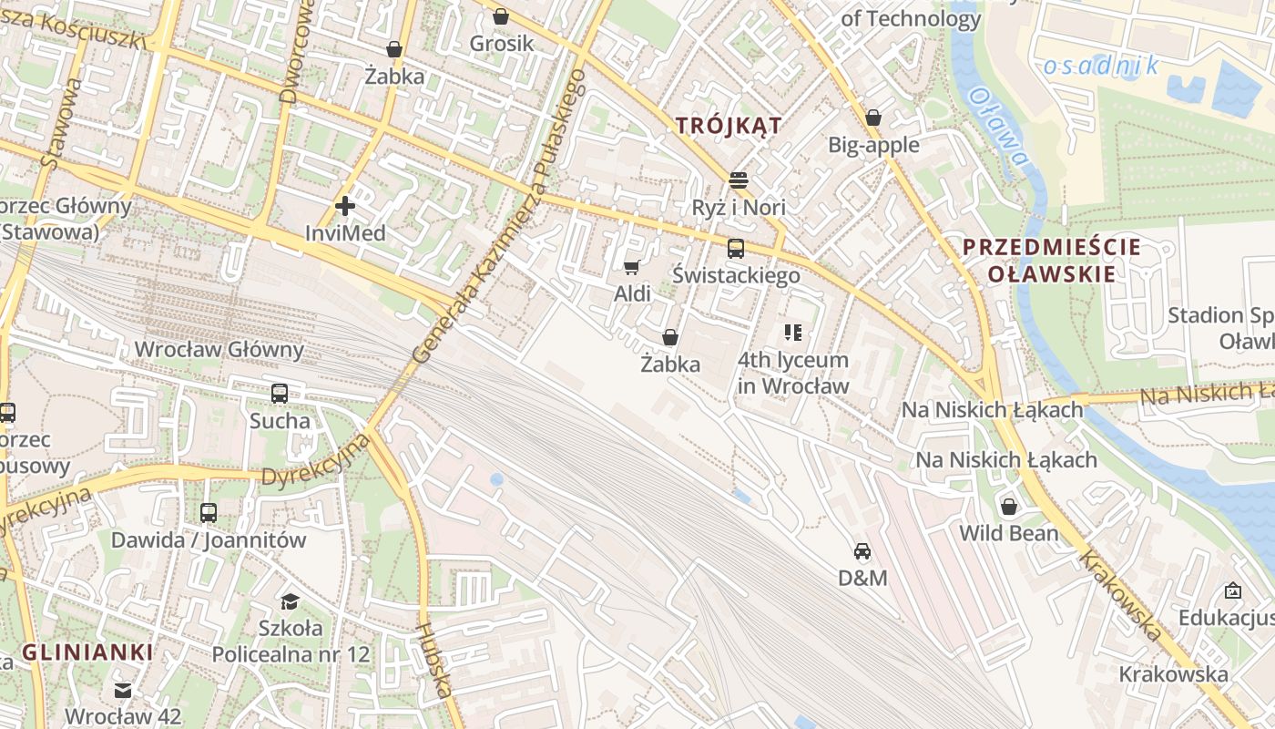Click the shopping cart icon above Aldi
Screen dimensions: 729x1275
click(631, 267)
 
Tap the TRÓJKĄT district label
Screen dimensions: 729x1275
click(729, 126)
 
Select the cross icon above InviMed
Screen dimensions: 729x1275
click(344, 206)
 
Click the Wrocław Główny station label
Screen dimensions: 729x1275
click(219, 350)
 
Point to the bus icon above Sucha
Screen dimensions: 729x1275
click(280, 394)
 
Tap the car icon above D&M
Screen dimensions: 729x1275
click(862, 550)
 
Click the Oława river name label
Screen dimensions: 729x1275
click(999, 127)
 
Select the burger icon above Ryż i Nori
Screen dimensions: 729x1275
click(739, 180)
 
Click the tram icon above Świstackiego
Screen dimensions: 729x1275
click(736, 248)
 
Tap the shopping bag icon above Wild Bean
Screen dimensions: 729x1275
click(1009, 507)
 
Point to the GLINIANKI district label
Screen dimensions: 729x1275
click(87, 652)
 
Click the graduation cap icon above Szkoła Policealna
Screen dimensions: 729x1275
click(290, 601)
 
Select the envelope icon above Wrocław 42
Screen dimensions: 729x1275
click(123, 691)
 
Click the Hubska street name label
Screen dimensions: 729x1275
click(433, 660)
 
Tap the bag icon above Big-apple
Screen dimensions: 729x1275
click(872, 118)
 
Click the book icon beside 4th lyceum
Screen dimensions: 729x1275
click(793, 333)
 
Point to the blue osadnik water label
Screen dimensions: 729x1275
click(1101, 66)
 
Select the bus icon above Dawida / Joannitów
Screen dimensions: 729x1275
click(209, 513)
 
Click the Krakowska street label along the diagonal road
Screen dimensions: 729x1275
click(1121, 595)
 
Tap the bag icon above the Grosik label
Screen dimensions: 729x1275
click(500, 16)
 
